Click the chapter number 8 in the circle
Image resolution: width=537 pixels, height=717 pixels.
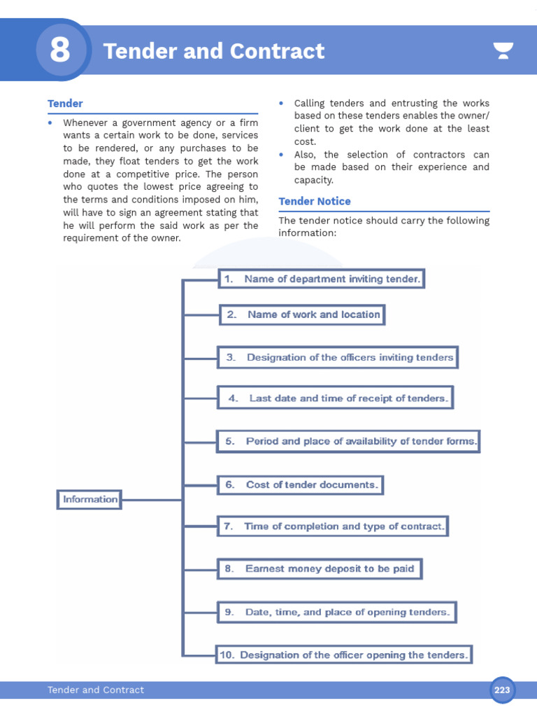[x=60, y=50]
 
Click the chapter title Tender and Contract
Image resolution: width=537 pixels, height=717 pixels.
[x=214, y=51]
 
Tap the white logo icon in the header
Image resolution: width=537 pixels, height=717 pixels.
[x=503, y=50]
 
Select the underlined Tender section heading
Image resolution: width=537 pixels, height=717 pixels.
[x=65, y=104]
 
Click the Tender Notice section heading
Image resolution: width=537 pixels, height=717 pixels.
[x=315, y=202]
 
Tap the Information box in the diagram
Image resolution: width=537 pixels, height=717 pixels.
[x=89, y=499]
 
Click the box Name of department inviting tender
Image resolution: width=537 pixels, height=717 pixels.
[x=322, y=279]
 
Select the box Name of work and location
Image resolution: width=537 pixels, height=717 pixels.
[x=302, y=314]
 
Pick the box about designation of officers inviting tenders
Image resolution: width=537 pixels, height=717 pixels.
[x=338, y=357]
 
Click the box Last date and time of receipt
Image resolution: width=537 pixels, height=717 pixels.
[x=335, y=398]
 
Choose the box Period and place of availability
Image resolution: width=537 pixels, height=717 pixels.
[x=348, y=441]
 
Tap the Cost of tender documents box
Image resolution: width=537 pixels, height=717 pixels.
[x=301, y=485]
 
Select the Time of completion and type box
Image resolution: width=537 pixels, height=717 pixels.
[x=332, y=526]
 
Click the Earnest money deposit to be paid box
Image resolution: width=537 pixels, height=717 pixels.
[x=320, y=569]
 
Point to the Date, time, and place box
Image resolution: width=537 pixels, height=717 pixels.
[x=337, y=612]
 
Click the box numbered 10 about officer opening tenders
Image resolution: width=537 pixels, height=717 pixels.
[x=343, y=655]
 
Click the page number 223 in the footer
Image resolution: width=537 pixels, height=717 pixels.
[x=502, y=690]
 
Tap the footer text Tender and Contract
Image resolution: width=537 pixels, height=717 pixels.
[x=96, y=690]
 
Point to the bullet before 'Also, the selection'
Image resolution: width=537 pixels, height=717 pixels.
[x=281, y=155]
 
